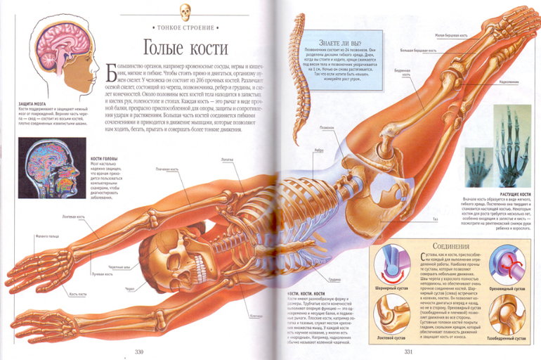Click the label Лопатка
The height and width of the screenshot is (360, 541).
click(227, 160)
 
